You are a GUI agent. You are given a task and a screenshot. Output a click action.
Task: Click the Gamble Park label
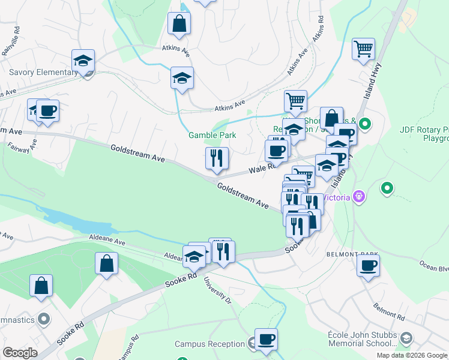point(212,136)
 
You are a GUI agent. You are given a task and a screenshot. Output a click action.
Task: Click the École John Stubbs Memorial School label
point(360,340)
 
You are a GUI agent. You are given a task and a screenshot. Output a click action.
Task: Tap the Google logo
point(20,353)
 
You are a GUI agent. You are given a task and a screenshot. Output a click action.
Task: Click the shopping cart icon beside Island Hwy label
point(364,49)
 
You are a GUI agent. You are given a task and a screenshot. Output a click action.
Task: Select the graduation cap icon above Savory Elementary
point(83,60)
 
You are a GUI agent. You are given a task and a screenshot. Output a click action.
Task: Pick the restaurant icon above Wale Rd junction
point(215,158)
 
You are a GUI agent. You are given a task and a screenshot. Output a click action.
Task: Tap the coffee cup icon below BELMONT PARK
point(368,265)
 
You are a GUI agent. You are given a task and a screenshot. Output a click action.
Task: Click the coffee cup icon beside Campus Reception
point(266,339)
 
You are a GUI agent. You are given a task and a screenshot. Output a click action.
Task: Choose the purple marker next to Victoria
point(360,197)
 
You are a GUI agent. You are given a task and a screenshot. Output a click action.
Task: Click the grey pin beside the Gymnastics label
point(43,318)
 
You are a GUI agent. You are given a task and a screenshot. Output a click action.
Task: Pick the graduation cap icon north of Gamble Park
point(182,78)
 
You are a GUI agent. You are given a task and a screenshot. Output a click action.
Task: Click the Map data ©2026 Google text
point(412,355)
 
